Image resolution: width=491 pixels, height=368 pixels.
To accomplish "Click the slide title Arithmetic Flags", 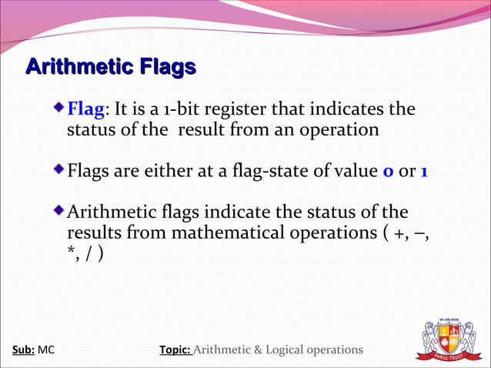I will tap(110, 68).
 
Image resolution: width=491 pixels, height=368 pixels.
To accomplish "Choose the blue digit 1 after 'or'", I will tap(424, 170).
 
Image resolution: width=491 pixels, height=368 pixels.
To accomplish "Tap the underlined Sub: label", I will tap(23, 350).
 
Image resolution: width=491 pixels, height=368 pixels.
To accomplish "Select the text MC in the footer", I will tap(46, 350).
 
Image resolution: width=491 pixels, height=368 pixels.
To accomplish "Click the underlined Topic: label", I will tap(175, 350).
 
